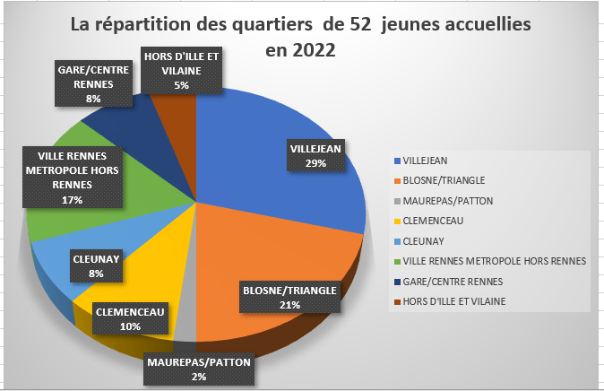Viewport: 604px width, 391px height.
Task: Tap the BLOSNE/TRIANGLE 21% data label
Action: pyautogui.click(x=289, y=297)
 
